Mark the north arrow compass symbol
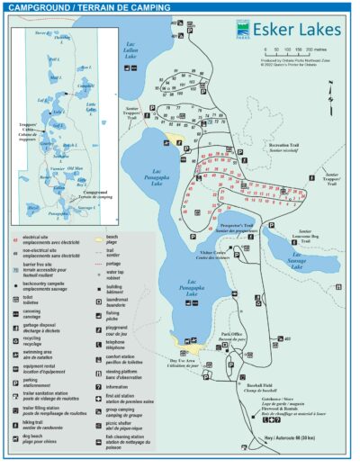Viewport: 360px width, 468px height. [x=335, y=94]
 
